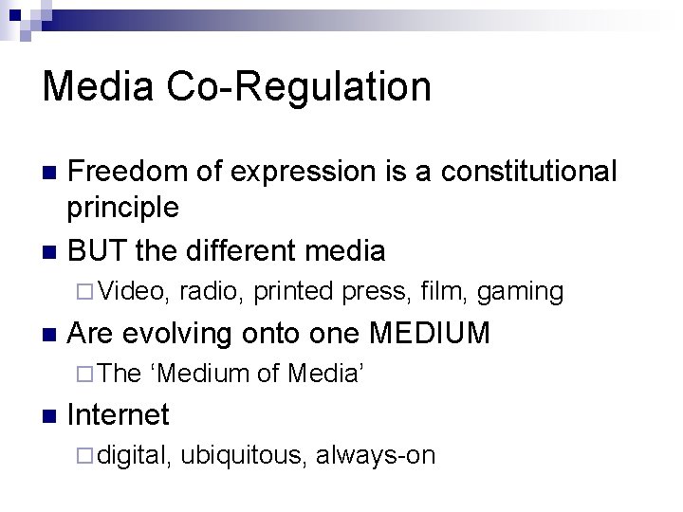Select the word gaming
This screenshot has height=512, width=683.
tap(520, 292)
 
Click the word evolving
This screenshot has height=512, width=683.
tap(176, 333)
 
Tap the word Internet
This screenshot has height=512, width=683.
tap(120, 414)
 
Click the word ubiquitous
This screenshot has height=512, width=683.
tap(243, 456)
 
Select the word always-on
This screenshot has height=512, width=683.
tap(376, 456)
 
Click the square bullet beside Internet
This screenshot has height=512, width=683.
tap(50, 415)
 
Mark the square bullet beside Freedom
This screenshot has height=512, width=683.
tap(50, 173)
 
